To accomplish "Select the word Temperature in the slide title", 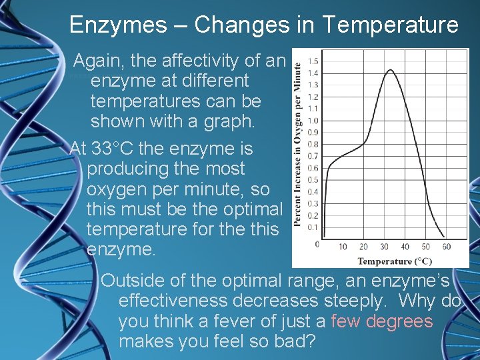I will tap(390, 25).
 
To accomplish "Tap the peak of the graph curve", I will tap(390, 70).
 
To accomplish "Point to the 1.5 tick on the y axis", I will tap(312, 61).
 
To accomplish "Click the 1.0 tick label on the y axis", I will tap(312, 121).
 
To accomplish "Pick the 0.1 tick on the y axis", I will tap(312, 227).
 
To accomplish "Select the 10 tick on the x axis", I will tap(343, 247).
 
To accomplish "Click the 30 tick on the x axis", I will tap(385, 247).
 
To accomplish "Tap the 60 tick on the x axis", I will tap(446, 247).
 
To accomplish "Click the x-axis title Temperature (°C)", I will tap(395, 261).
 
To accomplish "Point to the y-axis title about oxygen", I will tap(297, 143).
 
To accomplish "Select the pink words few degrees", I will tap(381, 321).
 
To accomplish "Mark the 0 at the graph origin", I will tap(317, 244).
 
